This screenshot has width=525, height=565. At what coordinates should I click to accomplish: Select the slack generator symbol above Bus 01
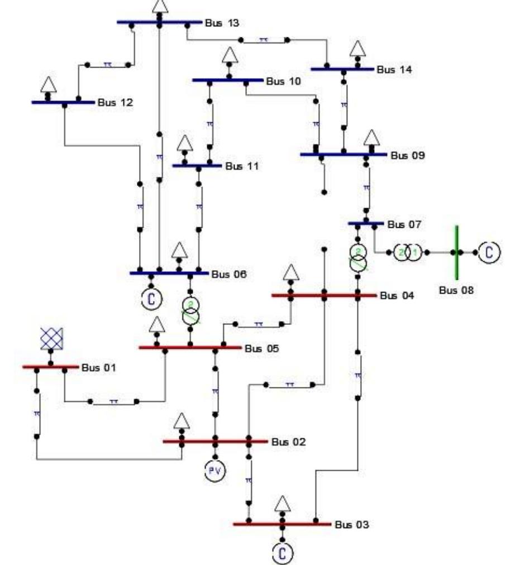[x=51, y=338]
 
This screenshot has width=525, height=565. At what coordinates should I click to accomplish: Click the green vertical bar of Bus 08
[x=456, y=252]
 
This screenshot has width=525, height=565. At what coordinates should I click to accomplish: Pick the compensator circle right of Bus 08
[x=490, y=252]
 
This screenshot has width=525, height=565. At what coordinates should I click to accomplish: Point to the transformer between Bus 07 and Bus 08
[x=408, y=252]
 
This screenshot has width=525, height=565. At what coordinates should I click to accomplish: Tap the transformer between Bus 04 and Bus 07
[x=357, y=258]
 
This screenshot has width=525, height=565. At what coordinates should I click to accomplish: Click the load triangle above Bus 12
[x=49, y=84]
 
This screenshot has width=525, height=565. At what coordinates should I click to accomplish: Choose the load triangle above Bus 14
[x=358, y=49]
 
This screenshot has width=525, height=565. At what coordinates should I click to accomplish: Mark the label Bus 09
[x=407, y=156]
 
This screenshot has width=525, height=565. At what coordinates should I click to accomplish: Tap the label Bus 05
[x=261, y=348]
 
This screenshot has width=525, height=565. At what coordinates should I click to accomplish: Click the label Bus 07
[x=404, y=225]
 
